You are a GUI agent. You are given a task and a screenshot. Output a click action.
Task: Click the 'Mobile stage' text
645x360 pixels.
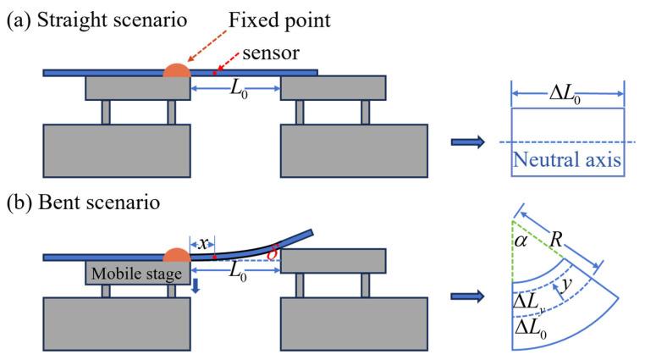click(x=130, y=274)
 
